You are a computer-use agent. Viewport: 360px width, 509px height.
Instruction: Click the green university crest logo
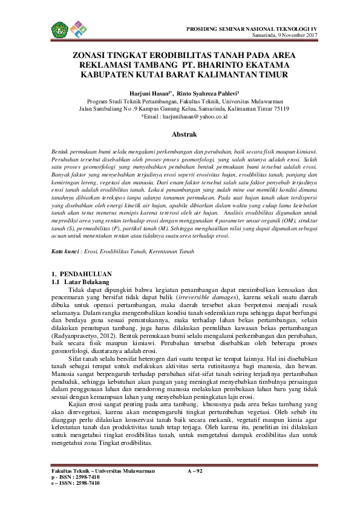59,28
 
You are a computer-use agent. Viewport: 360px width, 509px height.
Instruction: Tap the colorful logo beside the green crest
76,28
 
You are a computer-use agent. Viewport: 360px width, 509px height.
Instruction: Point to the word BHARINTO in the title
228,64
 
